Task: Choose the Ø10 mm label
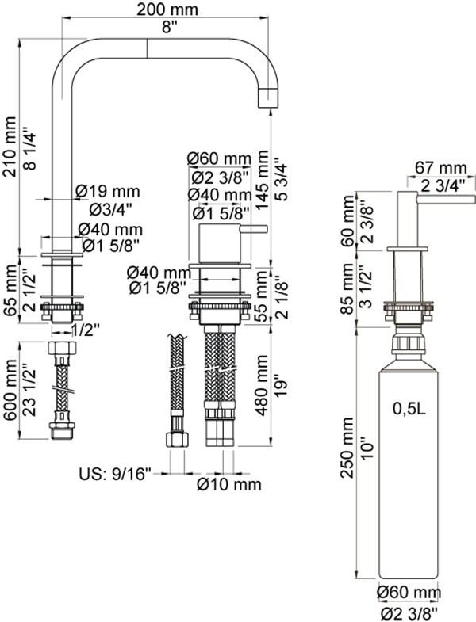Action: coord(229,483)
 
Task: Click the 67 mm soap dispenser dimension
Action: coord(441,168)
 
